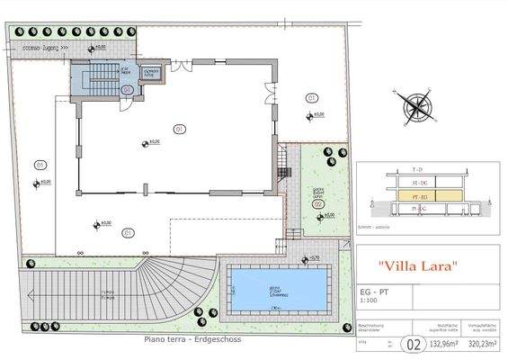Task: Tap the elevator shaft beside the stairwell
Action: point(151,74)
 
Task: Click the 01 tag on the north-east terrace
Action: point(312,97)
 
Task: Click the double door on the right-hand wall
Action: point(268,92)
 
